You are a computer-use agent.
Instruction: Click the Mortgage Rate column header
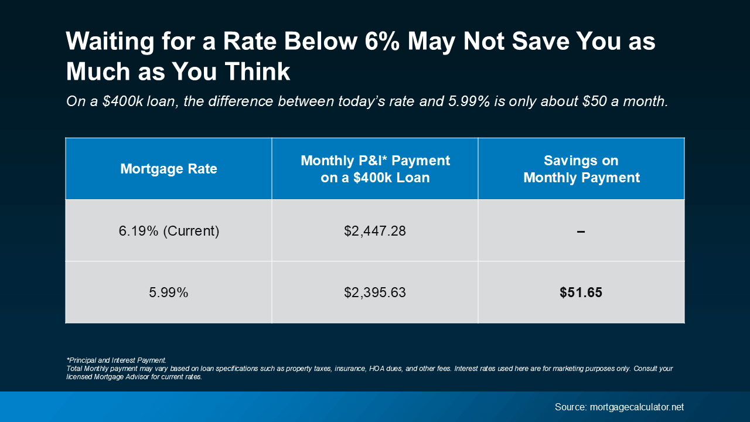coord(169,169)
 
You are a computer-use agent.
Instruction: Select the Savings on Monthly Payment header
coord(581,169)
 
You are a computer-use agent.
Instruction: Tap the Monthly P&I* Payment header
coord(375,169)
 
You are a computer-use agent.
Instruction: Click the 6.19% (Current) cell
coord(169,231)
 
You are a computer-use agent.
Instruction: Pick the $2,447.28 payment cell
coord(375,231)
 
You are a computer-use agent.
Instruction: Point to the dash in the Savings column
coord(581,232)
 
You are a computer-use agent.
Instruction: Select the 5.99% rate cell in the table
coord(169,292)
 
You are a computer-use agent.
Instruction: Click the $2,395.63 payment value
coord(375,292)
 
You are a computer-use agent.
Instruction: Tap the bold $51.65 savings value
coord(581,292)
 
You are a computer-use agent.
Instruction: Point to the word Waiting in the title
coord(106,42)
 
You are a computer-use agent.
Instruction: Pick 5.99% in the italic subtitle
coord(469,101)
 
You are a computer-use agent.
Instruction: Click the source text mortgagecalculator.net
coord(637,407)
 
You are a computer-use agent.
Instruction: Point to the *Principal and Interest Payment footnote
coord(116,360)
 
